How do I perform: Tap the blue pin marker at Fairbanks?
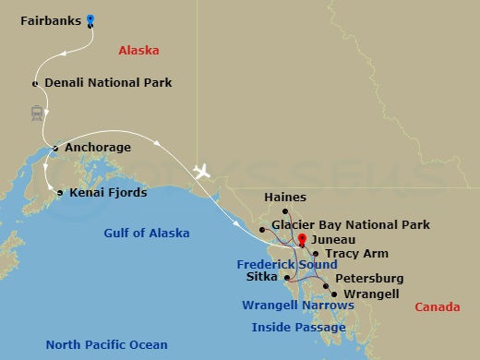(x=90, y=18)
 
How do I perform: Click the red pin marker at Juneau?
(x=301, y=240)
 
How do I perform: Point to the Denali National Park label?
(x=107, y=83)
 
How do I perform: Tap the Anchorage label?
(x=97, y=148)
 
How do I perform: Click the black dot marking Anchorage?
(x=55, y=148)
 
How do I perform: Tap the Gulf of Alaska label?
(x=147, y=234)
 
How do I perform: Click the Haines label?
(x=284, y=198)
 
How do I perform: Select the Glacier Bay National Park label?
(x=351, y=225)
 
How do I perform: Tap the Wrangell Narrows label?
(x=297, y=305)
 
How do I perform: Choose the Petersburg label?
(x=369, y=278)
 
